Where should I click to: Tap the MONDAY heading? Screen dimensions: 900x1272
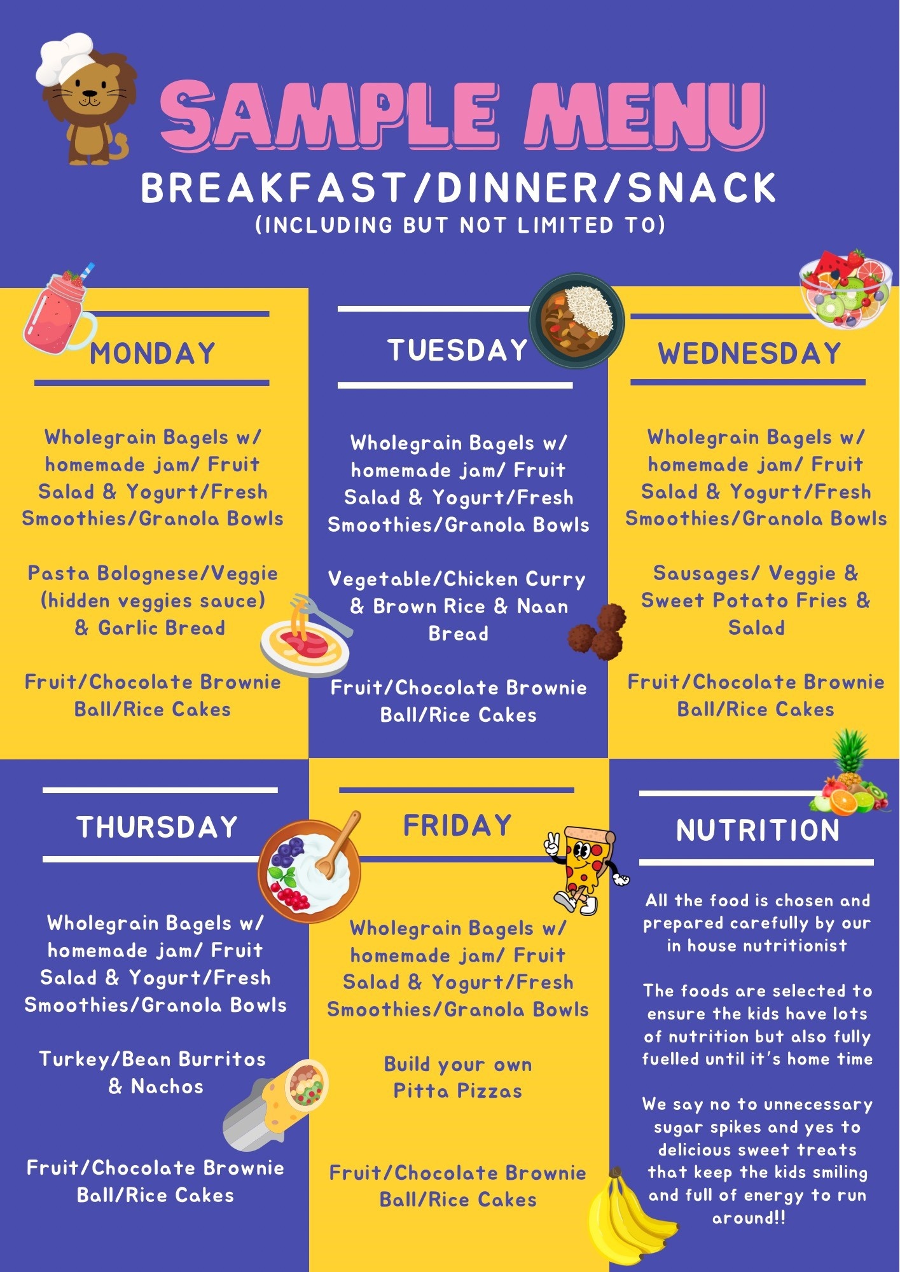click(153, 354)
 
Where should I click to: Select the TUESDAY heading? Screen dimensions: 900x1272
click(458, 350)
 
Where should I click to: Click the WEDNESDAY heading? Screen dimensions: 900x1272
click(749, 354)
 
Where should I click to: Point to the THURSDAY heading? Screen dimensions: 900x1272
click(157, 827)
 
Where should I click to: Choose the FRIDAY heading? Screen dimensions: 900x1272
click(457, 826)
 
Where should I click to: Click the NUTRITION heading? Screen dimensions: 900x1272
click(758, 830)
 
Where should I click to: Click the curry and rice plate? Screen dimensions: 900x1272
click(577, 321)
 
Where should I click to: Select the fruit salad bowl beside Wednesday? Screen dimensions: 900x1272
click(844, 289)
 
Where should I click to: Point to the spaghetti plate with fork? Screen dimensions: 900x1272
click(307, 636)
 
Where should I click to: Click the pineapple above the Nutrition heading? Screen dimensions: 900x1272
click(850, 757)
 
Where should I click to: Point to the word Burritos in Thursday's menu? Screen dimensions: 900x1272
click(222, 1059)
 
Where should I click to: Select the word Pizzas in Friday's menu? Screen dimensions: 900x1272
click(490, 1091)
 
